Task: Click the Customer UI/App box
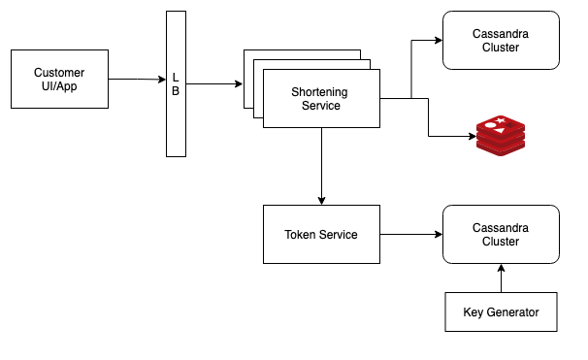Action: coord(58,80)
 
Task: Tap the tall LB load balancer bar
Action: coord(176,84)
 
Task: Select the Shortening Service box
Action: coord(320,98)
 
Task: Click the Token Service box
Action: coord(320,234)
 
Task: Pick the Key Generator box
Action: coord(501,312)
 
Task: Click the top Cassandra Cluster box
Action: coord(501,40)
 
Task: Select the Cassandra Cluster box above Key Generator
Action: coord(501,234)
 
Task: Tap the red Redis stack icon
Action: coord(501,137)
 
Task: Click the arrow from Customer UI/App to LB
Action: coord(136,80)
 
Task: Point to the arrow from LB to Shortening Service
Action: coord(213,84)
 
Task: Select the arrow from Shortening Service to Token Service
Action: coord(321,165)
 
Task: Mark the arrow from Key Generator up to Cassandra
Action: coord(501,278)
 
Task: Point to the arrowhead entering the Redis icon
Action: coord(469,137)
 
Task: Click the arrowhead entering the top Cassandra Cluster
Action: coord(438,41)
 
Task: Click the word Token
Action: coord(301,234)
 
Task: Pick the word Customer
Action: coord(58,73)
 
